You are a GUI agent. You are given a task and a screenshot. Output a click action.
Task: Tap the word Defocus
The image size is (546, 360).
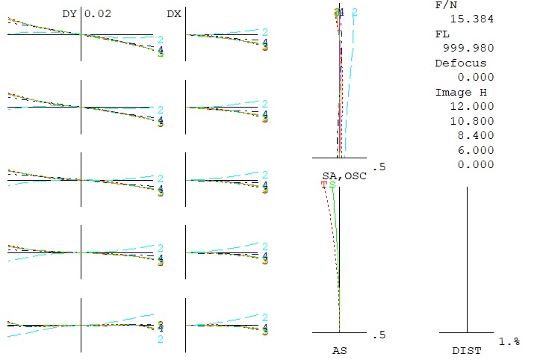(460, 63)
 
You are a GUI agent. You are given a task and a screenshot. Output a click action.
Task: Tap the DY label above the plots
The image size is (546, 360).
(69, 13)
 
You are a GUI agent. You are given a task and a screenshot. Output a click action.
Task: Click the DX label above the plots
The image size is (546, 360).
(173, 13)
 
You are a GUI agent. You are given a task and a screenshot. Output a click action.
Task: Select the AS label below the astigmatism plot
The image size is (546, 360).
(339, 350)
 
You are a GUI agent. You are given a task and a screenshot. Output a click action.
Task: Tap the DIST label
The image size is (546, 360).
(467, 350)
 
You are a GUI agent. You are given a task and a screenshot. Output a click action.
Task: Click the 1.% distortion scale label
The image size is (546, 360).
(509, 341)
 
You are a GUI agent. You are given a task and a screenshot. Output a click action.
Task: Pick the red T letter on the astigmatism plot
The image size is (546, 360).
(324, 184)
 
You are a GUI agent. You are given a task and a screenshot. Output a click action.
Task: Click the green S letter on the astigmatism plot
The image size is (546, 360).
(332, 184)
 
